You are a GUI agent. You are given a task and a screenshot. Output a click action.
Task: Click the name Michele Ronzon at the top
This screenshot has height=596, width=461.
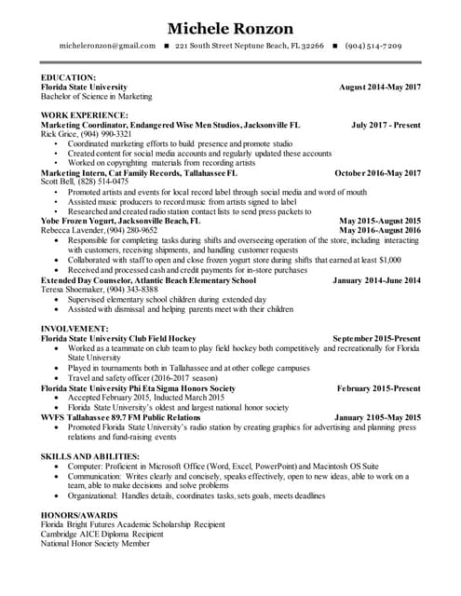click(229, 28)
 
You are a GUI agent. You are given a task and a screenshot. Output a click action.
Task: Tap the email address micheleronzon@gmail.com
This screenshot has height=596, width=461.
click(107, 46)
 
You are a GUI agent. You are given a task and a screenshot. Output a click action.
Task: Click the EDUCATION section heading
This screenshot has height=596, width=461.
click(69, 77)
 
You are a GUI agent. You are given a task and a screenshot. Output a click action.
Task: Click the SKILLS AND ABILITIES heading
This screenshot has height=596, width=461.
click(90, 455)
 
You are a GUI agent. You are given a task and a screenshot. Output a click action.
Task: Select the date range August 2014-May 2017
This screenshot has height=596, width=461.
click(380, 87)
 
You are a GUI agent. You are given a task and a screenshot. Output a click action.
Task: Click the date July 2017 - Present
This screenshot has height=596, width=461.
click(386, 123)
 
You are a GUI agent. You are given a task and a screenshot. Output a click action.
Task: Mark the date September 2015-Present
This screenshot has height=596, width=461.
click(376, 338)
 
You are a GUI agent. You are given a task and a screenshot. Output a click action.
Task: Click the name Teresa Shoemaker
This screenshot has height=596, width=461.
click(73, 290)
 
